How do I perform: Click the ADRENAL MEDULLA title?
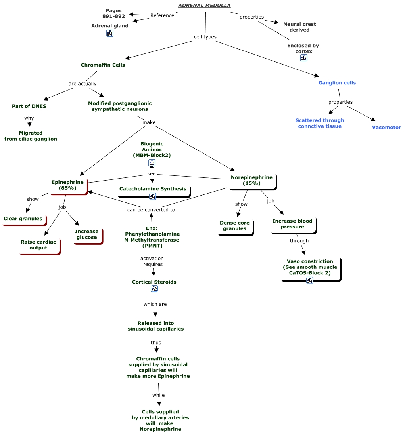[204, 5]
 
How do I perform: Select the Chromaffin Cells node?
[103, 65]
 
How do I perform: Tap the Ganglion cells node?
[337, 83]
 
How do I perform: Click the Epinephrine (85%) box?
[68, 185]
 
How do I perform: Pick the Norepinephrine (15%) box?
[251, 180]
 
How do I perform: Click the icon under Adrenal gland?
[110, 33]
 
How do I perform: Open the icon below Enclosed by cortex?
[303, 58]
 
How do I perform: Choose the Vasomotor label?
[386, 128]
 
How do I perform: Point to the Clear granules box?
[23, 219]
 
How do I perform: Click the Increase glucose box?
[87, 234]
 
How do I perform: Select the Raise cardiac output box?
[38, 245]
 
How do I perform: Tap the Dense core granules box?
[234, 226]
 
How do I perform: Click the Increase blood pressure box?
[292, 224]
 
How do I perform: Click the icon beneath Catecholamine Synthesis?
[153, 196]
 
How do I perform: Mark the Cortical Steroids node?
[154, 282]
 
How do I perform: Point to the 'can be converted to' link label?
[151, 210]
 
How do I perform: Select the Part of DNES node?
[29, 106]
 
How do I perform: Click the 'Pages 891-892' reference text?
[113, 13]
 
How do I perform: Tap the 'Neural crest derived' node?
[299, 27]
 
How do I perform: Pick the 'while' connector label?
[158, 395]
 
